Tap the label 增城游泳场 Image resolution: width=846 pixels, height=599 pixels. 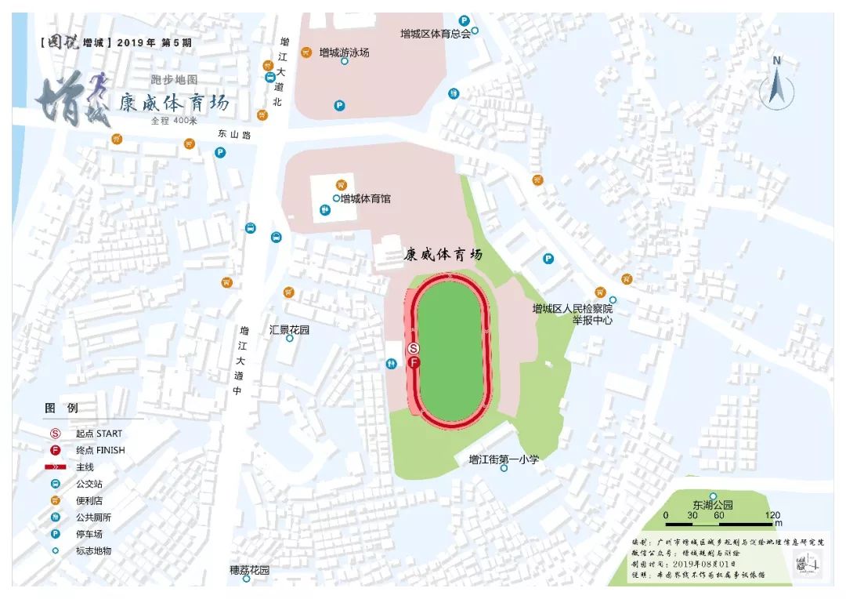(344, 53)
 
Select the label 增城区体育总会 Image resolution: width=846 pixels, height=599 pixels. (436, 34)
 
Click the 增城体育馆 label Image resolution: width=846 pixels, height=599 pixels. (365, 199)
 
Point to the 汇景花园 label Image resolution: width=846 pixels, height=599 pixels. (289, 330)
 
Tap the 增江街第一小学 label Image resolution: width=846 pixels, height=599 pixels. (503, 459)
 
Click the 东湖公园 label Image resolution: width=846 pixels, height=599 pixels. (712, 505)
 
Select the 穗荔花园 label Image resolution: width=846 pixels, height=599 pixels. (249, 571)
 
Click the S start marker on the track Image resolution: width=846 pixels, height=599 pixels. (414, 349)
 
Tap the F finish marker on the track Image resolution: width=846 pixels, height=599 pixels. (414, 363)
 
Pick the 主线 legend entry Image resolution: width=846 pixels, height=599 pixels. (85, 467)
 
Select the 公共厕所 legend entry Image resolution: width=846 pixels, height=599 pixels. (93, 517)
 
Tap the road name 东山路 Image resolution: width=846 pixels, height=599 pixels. (235, 135)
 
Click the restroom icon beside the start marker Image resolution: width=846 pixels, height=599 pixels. (391, 363)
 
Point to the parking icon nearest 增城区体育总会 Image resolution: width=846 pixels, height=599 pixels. (464, 21)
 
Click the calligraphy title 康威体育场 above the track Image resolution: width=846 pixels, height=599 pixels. (443, 255)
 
